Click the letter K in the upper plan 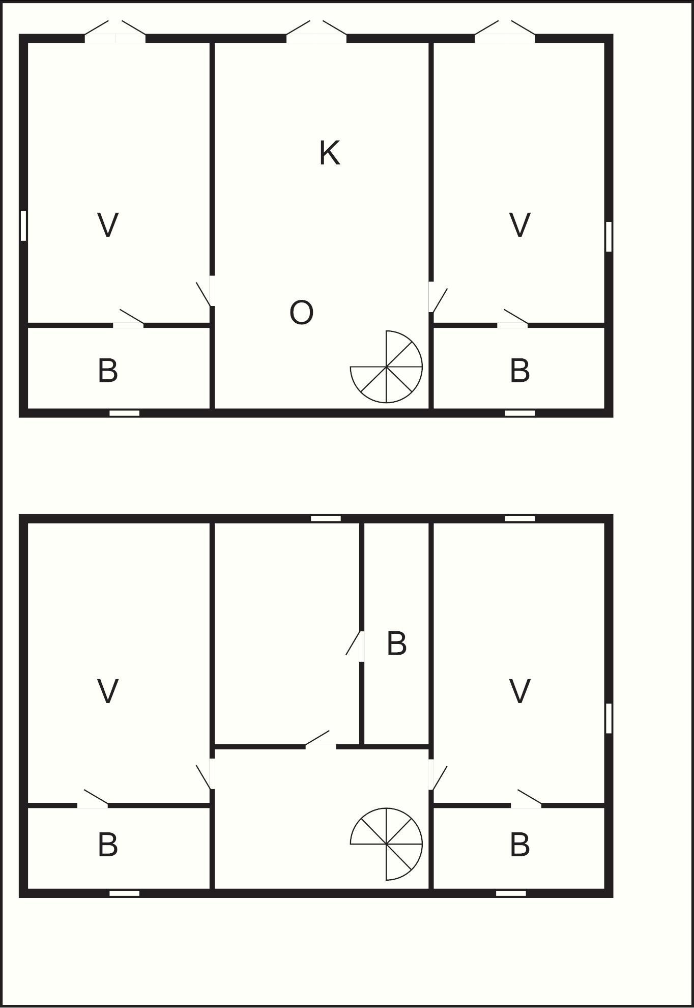click(x=330, y=153)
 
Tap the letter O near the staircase click(x=301, y=313)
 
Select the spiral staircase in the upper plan click(x=387, y=367)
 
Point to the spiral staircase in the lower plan click(x=387, y=844)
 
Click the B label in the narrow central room click(x=397, y=643)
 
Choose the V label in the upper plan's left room click(x=108, y=225)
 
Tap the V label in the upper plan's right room click(x=520, y=225)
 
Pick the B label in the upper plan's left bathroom click(x=108, y=371)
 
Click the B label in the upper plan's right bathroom click(x=520, y=371)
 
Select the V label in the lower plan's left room click(x=108, y=691)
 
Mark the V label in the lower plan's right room click(x=520, y=691)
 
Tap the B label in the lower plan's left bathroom click(x=108, y=845)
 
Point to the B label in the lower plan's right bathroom click(x=520, y=845)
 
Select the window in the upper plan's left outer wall click(x=23, y=225)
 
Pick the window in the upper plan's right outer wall click(x=609, y=236)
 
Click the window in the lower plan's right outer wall click(x=609, y=718)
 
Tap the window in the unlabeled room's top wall click(x=326, y=519)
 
